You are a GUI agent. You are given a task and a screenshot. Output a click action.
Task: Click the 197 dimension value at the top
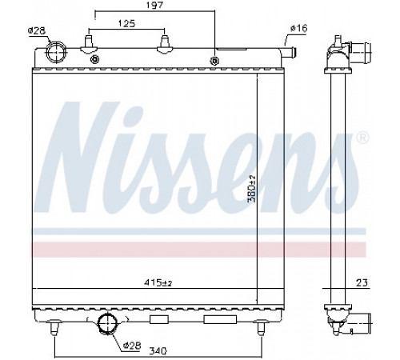[155, 6]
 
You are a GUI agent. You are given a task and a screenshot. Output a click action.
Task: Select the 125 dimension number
[126, 23]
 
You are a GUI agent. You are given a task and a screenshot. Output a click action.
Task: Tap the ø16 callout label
[299, 28]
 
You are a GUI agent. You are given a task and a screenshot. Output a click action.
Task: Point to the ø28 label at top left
[37, 31]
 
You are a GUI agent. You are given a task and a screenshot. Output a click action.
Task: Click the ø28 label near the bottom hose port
[132, 346]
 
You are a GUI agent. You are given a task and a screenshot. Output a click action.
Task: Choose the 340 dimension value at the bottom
[158, 350]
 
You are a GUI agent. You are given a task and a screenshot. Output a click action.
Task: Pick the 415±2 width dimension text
[158, 282]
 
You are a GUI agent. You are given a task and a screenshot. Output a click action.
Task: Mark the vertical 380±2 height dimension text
[252, 189]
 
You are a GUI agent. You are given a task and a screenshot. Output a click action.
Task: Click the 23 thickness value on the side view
[362, 282]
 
